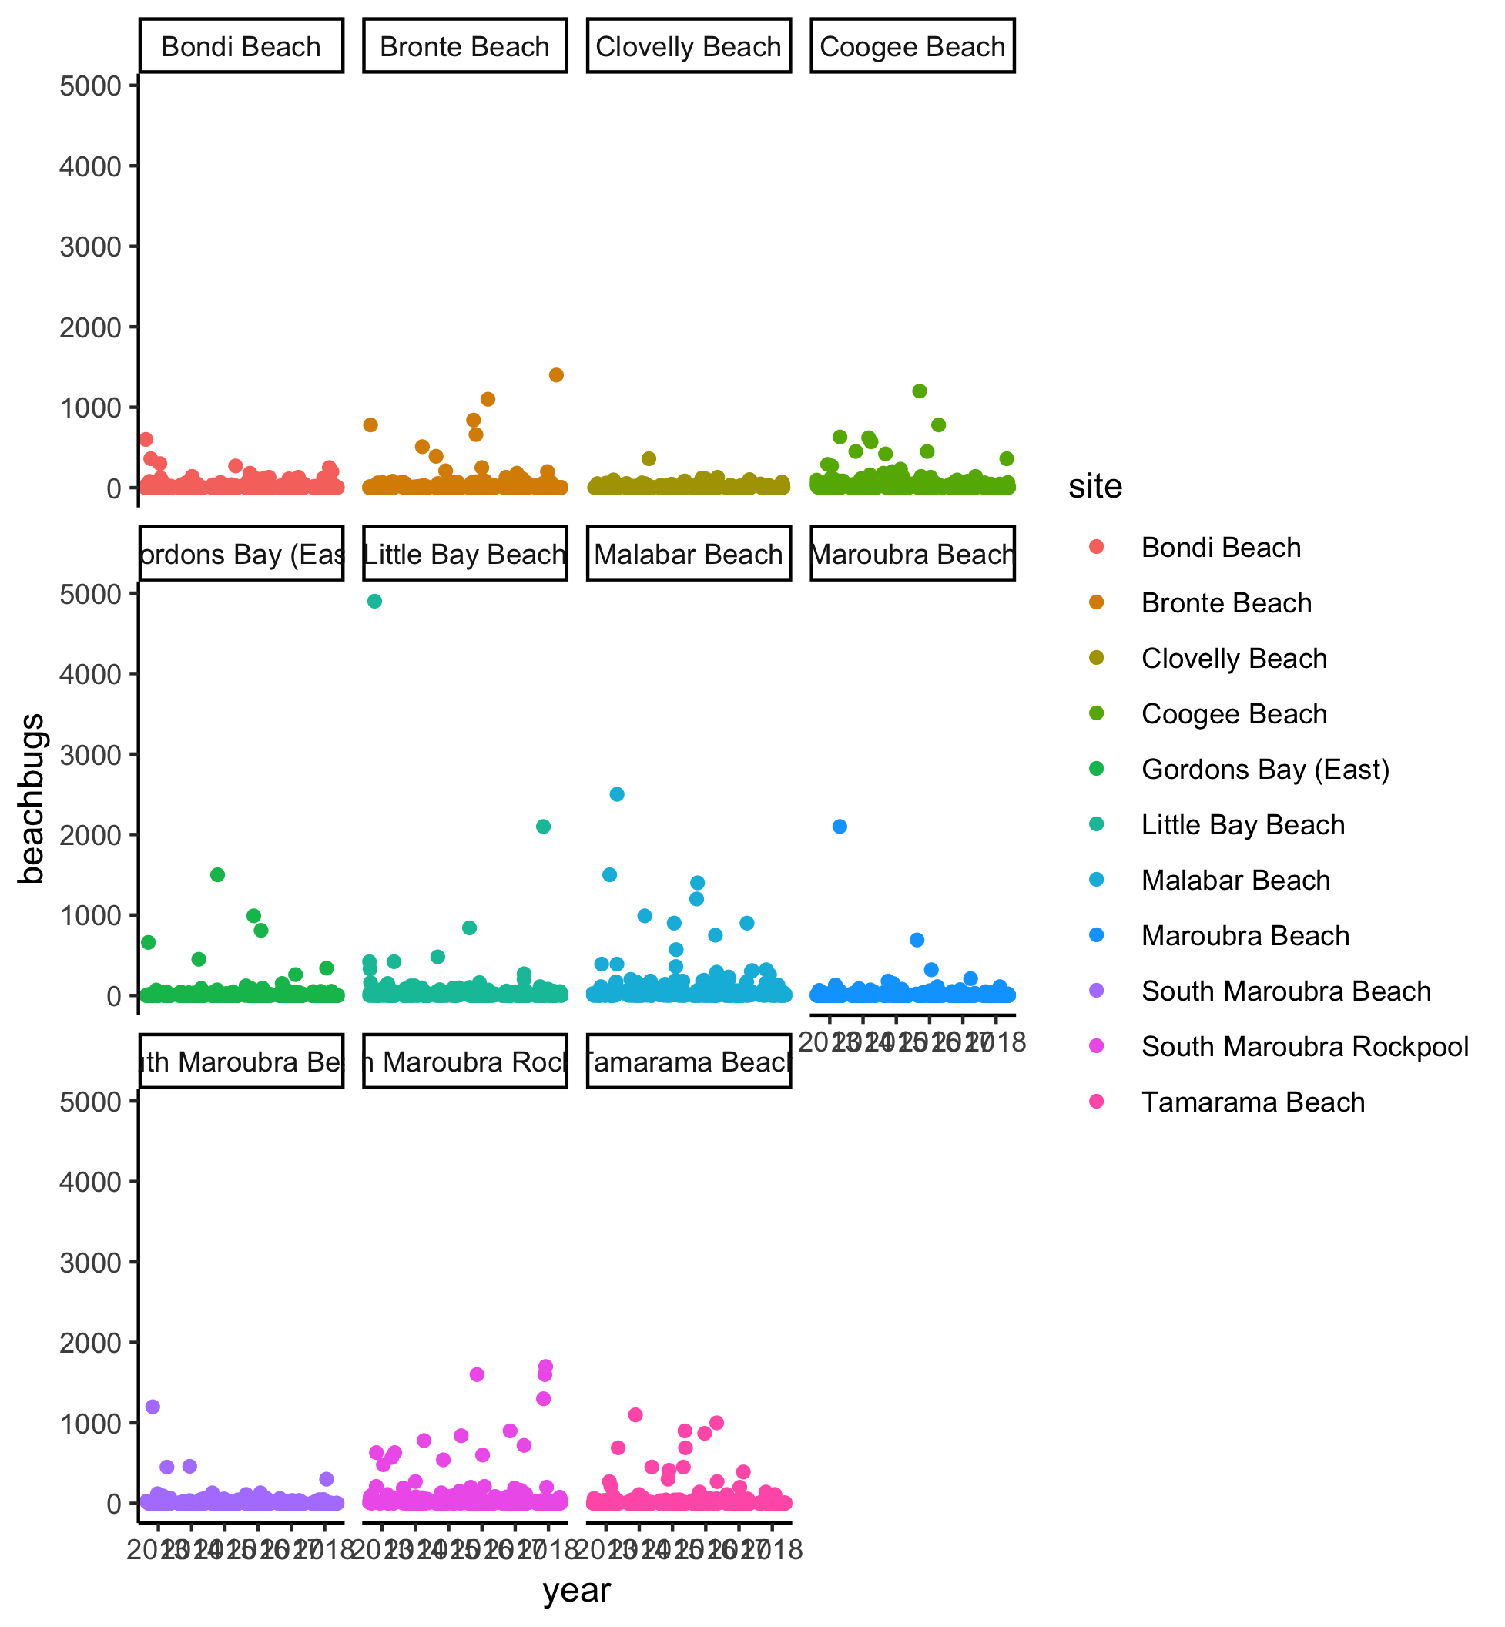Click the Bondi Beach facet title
click(x=241, y=46)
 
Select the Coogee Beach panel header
click(x=912, y=46)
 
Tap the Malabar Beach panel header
click(x=688, y=554)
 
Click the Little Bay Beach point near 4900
click(x=374, y=601)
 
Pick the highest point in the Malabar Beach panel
click(x=616, y=794)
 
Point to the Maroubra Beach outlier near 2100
click(x=840, y=826)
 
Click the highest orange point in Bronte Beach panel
click(x=556, y=374)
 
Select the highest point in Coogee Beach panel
click(x=920, y=391)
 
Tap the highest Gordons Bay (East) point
click(x=217, y=875)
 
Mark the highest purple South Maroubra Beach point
click(x=153, y=1406)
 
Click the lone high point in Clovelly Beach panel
click(x=649, y=458)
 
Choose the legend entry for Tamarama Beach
click(x=1252, y=1102)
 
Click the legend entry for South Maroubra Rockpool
click(x=1305, y=1046)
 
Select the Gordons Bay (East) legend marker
click(x=1096, y=769)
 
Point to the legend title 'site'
click(x=1094, y=486)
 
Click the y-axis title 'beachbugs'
click(x=31, y=798)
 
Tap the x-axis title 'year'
click(x=577, y=1589)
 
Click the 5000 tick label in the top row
click(x=89, y=86)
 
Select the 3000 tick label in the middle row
click(x=89, y=754)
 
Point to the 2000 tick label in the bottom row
click(x=89, y=1343)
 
